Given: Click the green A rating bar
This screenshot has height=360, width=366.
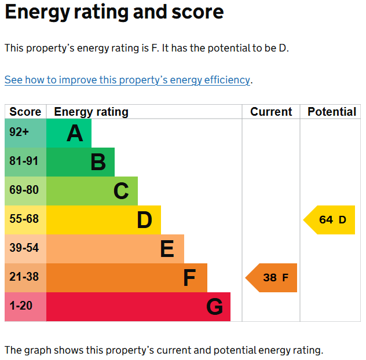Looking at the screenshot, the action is [69, 133].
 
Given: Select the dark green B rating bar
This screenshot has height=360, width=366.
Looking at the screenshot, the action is [80, 162].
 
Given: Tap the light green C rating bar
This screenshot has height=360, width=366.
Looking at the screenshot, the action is [92, 191].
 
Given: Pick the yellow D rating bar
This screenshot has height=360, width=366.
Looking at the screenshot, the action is [104, 220].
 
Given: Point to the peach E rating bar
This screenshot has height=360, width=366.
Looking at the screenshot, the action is [115, 249].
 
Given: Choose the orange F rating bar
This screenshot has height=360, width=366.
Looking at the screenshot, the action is [127, 278].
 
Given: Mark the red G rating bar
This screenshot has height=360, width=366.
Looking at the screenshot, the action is [138, 307].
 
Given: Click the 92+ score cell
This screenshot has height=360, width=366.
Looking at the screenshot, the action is [25, 133].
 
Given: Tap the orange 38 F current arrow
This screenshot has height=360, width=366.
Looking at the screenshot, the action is [271, 278].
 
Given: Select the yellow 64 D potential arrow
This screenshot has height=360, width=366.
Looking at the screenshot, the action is [329, 220].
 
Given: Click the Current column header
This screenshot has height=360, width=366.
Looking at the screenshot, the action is [271, 112].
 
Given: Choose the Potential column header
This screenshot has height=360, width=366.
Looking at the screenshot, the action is [332, 112].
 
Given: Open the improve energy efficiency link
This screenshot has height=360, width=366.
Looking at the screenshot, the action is [127, 80].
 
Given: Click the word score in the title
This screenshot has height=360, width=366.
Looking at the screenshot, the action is [197, 12].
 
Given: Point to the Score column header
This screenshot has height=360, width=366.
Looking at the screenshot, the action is [25, 112].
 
